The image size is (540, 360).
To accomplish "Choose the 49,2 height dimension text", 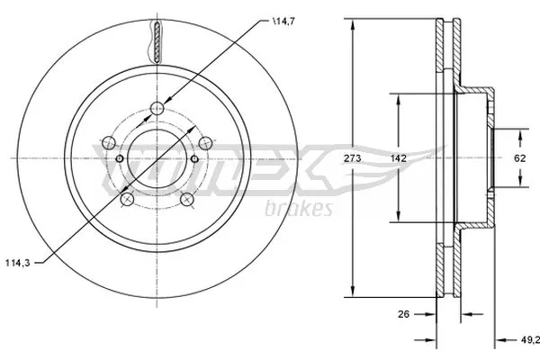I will (528, 340).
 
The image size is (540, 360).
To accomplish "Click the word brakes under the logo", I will (301, 208).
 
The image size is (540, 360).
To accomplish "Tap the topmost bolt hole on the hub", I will (157, 109).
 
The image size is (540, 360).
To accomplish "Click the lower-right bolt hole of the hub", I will (186, 199).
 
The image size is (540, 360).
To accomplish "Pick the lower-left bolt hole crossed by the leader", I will (128, 199).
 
